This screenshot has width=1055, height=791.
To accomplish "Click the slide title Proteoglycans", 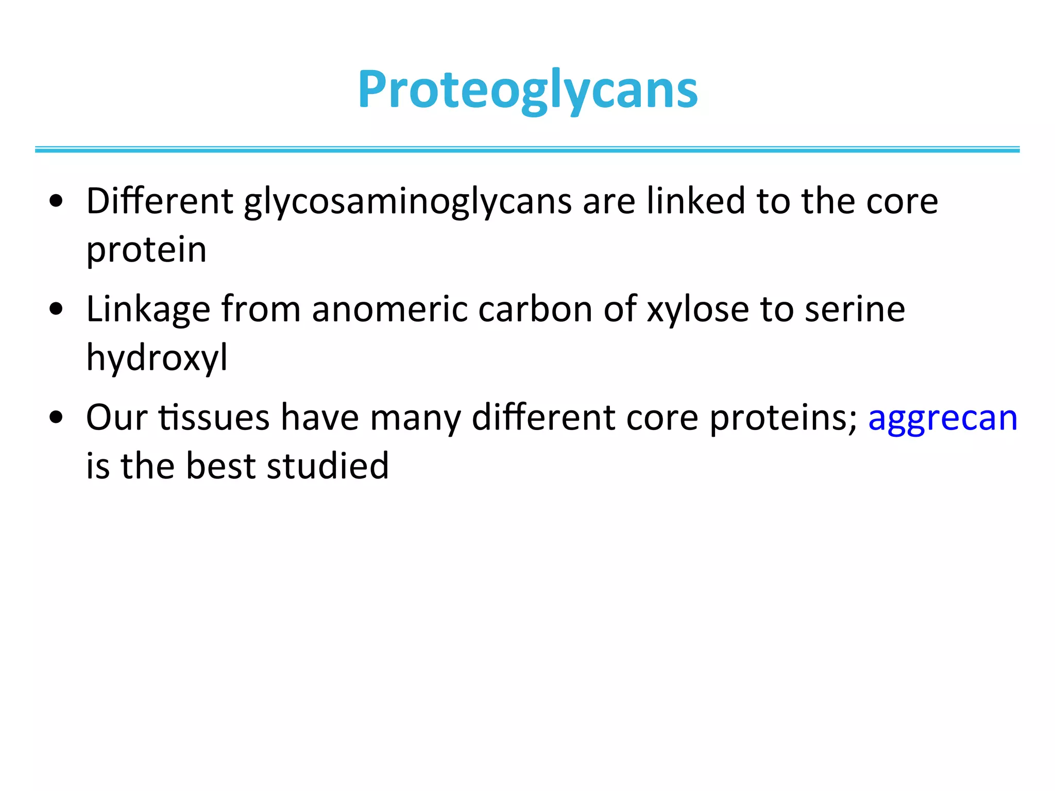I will [x=527, y=90].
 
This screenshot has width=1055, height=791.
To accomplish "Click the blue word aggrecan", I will [x=943, y=418].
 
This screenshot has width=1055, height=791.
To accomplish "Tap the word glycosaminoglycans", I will [x=407, y=202].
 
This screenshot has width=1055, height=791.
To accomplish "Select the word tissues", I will [x=214, y=418].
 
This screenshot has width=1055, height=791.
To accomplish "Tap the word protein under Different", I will [x=146, y=250].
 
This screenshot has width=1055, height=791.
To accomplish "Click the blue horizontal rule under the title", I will [x=527, y=149].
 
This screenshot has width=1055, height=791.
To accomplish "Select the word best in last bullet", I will [x=220, y=466].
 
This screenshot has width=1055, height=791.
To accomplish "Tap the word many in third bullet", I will [x=415, y=418].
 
